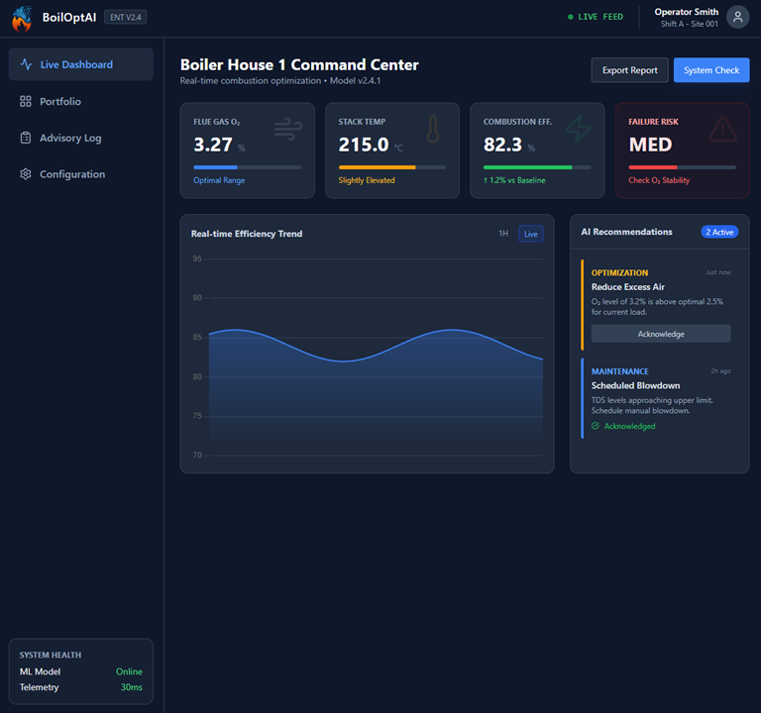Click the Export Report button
(x=629, y=70)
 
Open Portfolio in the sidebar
(x=60, y=101)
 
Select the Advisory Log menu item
(x=70, y=138)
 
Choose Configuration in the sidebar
(x=72, y=174)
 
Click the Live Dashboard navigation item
(x=76, y=64)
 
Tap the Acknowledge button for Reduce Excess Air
(x=661, y=334)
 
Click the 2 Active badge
(x=719, y=232)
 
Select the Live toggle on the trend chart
(x=531, y=234)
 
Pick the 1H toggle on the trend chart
(x=503, y=234)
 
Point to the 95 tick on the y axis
(x=197, y=258)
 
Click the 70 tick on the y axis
(x=197, y=456)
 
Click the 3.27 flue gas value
(x=213, y=145)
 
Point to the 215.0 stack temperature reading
(x=364, y=145)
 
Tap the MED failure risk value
(x=650, y=145)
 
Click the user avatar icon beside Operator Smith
(x=737, y=17)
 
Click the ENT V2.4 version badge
(x=126, y=17)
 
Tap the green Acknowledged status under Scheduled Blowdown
(x=629, y=426)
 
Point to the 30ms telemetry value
(x=132, y=687)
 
